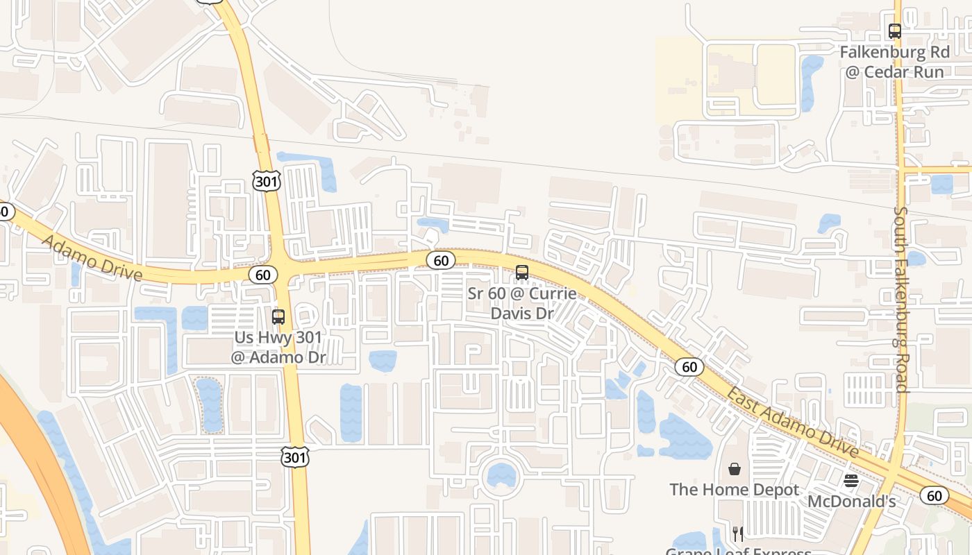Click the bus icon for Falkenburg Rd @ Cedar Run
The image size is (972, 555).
coord(894,31)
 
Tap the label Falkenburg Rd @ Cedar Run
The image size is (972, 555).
coord(894,62)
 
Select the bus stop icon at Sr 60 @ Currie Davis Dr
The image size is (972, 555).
coord(522,273)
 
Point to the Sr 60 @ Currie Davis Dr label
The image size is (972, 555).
coord(522,303)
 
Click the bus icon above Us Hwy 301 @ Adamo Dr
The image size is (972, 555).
coord(278,317)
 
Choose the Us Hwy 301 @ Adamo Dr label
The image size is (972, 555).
coord(278,348)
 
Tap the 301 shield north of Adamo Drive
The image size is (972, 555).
coord(266,182)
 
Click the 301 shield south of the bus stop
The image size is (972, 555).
coord(295,457)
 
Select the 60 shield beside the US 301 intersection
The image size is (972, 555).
coord(262,275)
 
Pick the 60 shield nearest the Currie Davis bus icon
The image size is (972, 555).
coord(441,260)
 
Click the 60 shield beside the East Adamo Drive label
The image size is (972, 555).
coord(689,367)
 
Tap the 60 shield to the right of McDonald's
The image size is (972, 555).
coord(935,495)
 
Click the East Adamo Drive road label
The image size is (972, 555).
coord(792,422)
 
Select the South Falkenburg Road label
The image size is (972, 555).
coord(901,299)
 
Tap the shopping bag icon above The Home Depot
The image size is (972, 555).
coord(735,470)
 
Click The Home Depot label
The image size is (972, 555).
coord(735,490)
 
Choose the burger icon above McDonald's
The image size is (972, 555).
coord(851,481)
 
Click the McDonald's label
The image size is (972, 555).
coord(851,501)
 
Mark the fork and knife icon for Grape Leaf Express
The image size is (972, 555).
coord(738,533)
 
